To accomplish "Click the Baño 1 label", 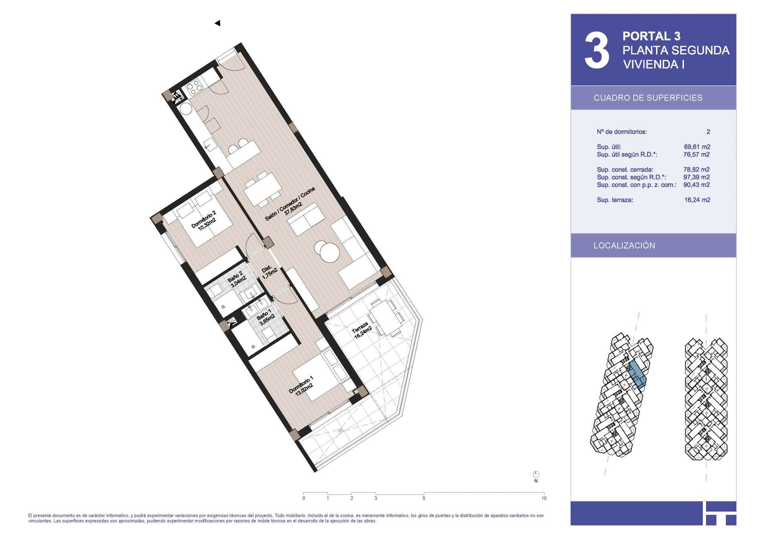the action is [x=265, y=317].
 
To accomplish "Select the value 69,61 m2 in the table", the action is [x=697, y=147].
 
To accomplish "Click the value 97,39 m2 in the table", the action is [x=697, y=177].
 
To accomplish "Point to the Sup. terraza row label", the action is [x=615, y=200].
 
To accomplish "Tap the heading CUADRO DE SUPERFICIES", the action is [x=648, y=98].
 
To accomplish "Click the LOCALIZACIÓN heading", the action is [x=624, y=245].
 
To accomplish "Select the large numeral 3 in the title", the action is [x=597, y=50].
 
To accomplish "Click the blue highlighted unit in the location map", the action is [x=636, y=375].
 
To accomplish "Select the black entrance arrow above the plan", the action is [x=217, y=23].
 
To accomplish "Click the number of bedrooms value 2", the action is [x=708, y=132].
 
